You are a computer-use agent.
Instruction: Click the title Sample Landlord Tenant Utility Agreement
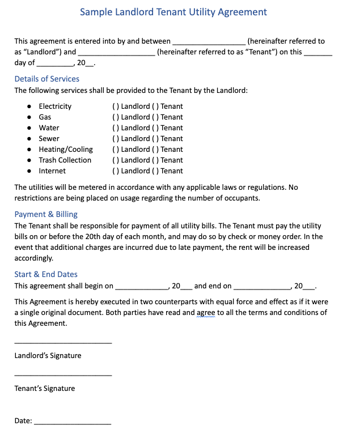(173, 12)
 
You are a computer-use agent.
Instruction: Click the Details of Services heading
(46, 79)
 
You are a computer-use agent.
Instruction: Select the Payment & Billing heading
(46, 214)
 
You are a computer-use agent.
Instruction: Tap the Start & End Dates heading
(46, 274)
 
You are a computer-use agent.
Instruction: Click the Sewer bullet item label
(49, 139)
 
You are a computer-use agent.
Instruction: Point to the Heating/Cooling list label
(66, 150)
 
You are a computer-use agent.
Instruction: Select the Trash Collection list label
(65, 160)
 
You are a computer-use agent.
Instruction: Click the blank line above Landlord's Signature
(63, 342)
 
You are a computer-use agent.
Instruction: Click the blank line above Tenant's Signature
(63, 375)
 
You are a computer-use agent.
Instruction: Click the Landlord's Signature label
(48, 356)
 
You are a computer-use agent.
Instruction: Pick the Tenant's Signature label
(44, 389)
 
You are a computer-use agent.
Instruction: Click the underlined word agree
(206, 313)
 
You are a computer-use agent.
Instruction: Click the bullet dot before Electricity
(29, 107)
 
